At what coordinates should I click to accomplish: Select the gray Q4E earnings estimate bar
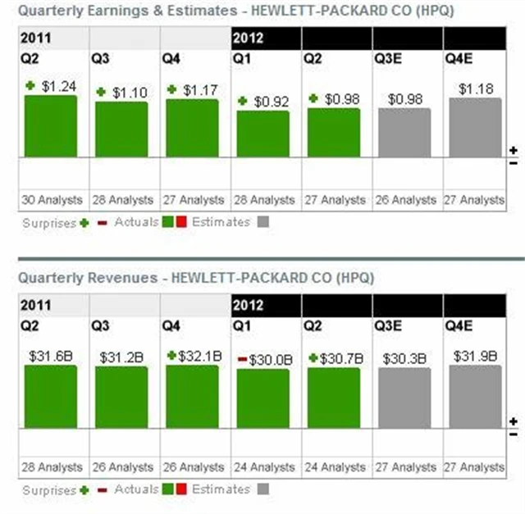click(475, 127)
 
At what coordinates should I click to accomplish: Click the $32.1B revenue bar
click(192, 396)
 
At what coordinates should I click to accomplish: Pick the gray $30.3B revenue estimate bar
click(404, 398)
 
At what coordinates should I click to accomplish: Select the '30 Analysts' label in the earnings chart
click(52, 200)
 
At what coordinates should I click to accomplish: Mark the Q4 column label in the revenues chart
click(171, 325)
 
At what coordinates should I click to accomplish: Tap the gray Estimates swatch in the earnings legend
click(262, 221)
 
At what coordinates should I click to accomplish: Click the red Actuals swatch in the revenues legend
click(181, 489)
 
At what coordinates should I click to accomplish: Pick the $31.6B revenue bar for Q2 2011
click(50, 396)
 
